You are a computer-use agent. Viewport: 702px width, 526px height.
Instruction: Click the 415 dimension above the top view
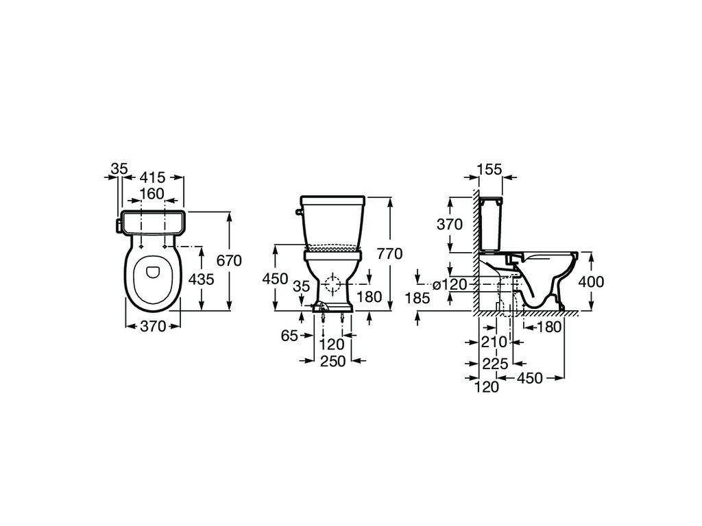coord(153,177)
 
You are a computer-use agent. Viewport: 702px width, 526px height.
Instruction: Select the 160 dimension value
coord(152,194)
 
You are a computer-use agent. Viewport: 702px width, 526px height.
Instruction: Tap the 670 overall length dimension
coord(229,260)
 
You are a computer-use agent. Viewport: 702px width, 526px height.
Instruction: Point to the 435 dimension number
coord(201,279)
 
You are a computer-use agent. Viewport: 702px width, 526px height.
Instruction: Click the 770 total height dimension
coord(389,254)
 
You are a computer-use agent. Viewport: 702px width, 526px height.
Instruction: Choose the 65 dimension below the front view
coord(289,335)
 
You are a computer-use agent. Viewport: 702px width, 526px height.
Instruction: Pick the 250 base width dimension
coord(332,360)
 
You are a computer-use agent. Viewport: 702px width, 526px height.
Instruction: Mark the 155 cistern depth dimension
coord(489,169)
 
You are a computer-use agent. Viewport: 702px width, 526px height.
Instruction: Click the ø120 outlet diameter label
coord(450,284)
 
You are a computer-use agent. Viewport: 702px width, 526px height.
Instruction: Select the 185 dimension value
coord(417,297)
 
